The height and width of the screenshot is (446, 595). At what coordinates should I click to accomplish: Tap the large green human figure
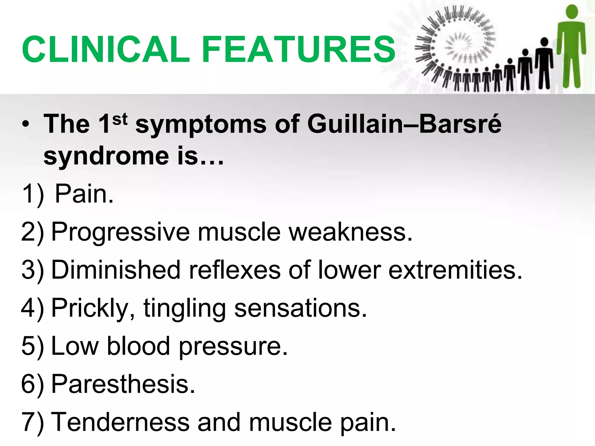tap(571, 49)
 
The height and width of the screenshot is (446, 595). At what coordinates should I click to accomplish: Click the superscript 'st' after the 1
tap(120, 119)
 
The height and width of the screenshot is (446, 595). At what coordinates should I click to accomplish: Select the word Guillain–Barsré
tap(404, 124)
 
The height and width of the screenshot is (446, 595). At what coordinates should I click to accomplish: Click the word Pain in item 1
tap(84, 194)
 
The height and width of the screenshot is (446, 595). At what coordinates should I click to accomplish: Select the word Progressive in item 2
tap(120, 232)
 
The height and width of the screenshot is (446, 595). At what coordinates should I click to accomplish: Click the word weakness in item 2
tap(350, 232)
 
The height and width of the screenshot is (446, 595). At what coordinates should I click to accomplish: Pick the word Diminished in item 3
tap(116, 270)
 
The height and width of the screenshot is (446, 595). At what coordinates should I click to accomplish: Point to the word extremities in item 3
tap(455, 270)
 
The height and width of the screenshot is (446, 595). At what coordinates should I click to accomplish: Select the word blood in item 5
tap(138, 346)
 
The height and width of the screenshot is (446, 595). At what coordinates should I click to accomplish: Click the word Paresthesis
tap(123, 384)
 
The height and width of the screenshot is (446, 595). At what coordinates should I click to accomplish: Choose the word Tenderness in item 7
tap(120, 422)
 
